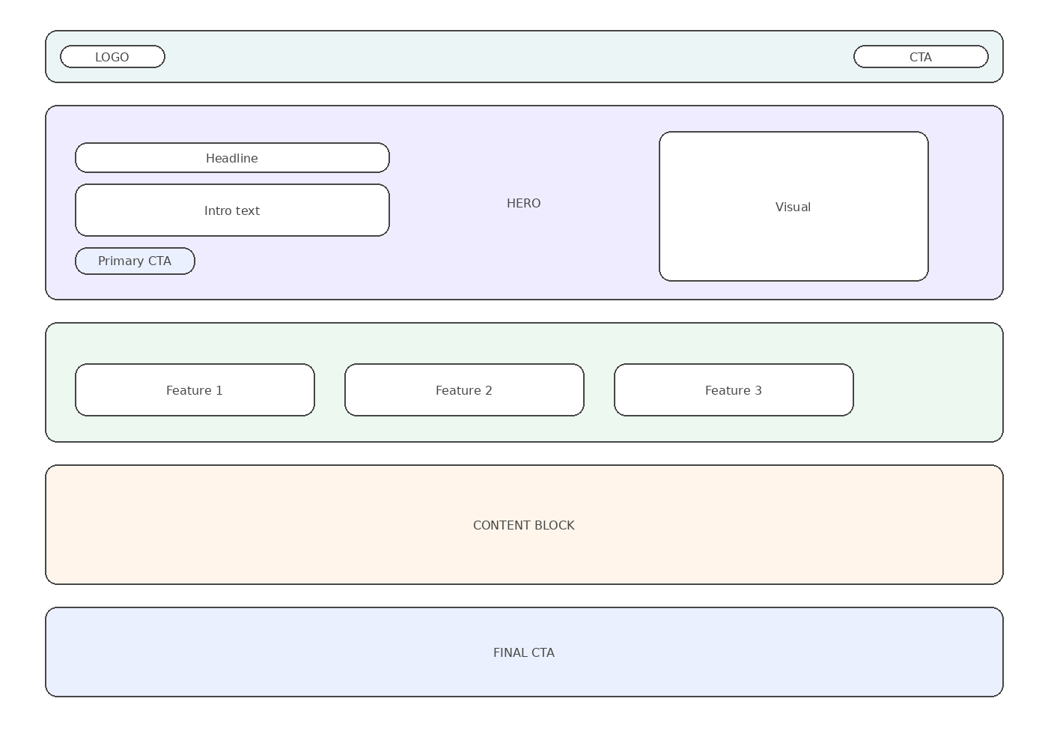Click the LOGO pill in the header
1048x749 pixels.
(112, 57)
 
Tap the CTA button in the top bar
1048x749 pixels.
(921, 57)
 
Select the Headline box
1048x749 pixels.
(232, 158)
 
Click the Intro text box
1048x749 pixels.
(232, 210)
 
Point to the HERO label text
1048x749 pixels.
(523, 203)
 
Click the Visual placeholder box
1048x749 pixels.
(793, 207)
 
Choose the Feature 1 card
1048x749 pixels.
(195, 390)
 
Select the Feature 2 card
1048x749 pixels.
(464, 390)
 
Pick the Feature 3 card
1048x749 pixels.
(734, 390)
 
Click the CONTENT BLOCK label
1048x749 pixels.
(523, 525)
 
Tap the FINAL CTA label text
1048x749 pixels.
(523, 652)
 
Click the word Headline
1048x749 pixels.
(232, 158)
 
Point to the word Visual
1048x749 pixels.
(793, 207)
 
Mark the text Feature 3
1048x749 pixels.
(734, 390)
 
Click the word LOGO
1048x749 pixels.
(112, 57)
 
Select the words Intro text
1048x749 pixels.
(232, 210)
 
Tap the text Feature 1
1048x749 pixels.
(195, 390)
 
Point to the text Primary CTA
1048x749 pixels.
(135, 261)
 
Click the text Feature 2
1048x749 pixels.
(464, 390)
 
